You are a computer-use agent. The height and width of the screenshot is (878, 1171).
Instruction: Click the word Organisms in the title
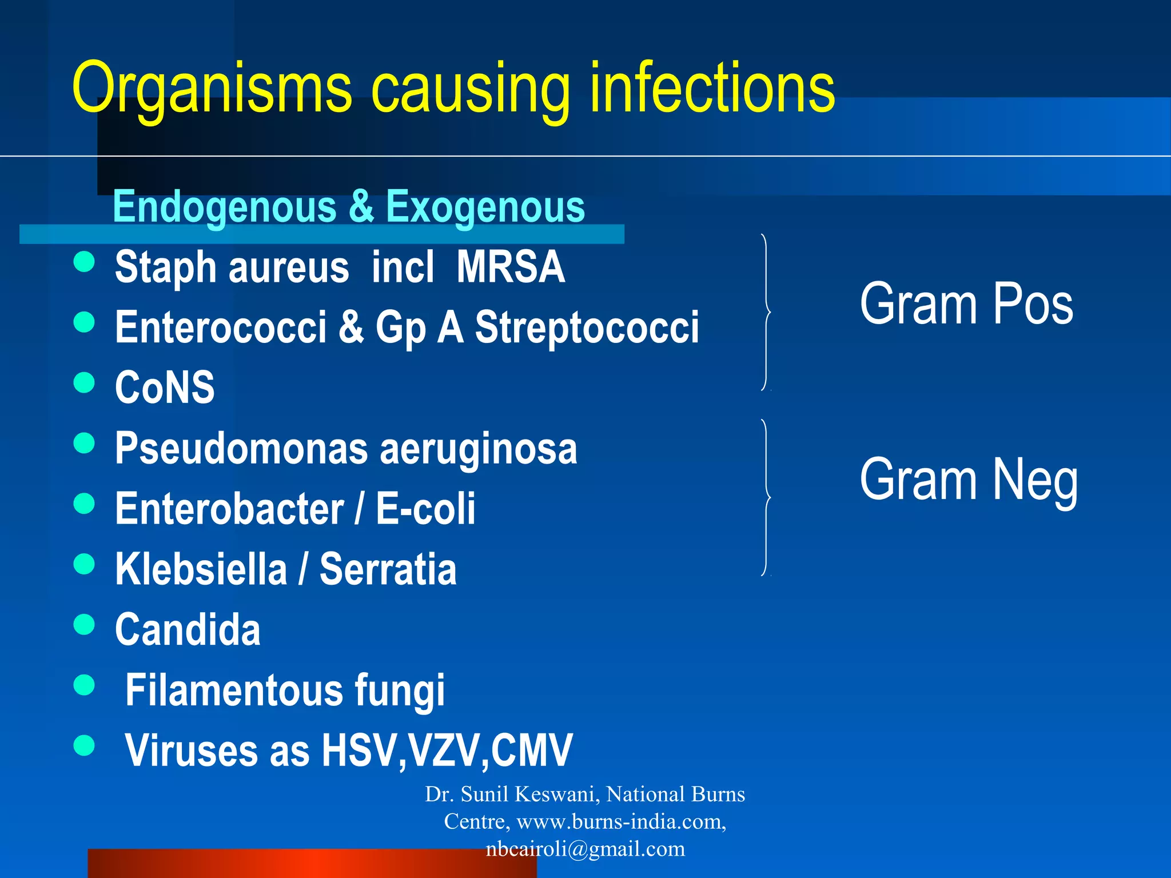(212, 89)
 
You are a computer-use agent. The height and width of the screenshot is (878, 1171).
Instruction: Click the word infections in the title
(712, 89)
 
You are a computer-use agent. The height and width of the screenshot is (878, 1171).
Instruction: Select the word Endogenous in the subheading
(225, 207)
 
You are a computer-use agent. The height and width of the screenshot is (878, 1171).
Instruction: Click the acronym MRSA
(511, 267)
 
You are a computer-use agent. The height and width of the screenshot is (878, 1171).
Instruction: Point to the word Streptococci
(587, 328)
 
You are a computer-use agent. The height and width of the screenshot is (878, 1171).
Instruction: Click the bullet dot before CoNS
(84, 382)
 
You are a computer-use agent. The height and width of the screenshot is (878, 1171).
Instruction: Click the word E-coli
(425, 509)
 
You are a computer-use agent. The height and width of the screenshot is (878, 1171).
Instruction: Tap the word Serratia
(388, 569)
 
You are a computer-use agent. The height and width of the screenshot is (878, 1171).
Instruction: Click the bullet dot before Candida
(84, 624)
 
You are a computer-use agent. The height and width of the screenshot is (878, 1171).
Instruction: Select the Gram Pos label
(966, 305)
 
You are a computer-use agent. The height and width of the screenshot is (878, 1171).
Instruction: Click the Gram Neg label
(969, 480)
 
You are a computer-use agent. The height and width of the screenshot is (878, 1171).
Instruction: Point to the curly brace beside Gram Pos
(766, 312)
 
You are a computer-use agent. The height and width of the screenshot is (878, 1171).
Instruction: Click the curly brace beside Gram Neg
(766, 497)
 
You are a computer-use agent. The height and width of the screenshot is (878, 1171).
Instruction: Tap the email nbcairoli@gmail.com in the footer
(585, 849)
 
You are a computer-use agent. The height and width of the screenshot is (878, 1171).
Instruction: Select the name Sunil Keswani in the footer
(530, 794)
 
